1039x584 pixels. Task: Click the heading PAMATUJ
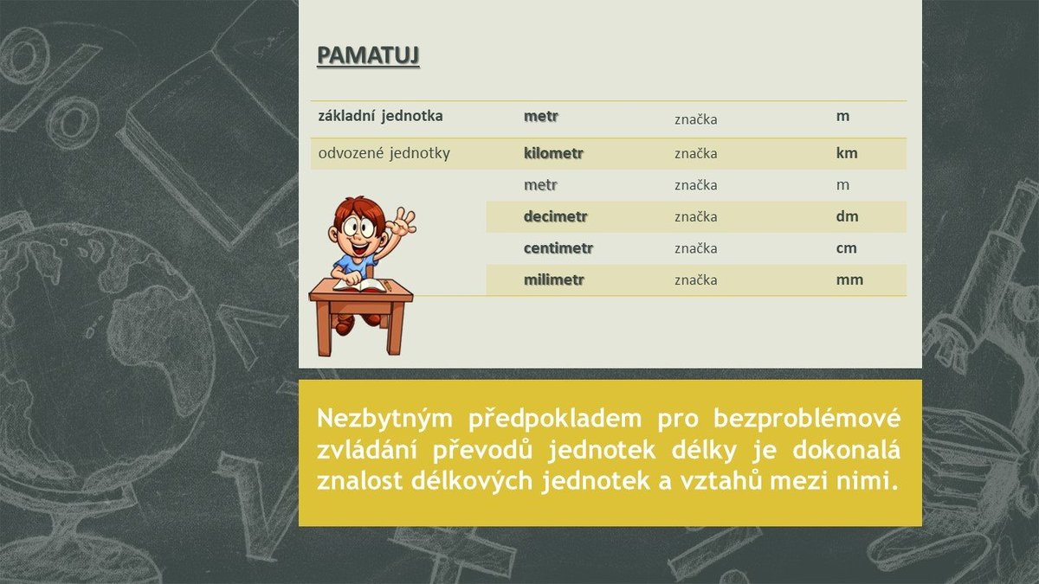[368, 55]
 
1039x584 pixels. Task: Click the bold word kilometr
[553, 153]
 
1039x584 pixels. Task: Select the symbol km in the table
[847, 153]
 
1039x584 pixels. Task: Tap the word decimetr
[556, 216]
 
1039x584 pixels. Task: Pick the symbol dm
[848, 216]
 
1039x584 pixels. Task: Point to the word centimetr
[558, 248]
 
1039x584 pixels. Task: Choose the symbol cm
[847, 248]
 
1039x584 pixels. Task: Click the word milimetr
[554, 279]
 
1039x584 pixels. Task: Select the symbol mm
[849, 279]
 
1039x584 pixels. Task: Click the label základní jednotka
[380, 116]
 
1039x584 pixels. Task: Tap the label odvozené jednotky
[384, 153]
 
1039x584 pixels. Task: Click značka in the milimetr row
[696, 280]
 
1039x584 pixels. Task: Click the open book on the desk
[360, 286]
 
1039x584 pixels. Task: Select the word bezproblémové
[807, 419]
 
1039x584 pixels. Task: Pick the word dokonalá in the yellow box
[847, 450]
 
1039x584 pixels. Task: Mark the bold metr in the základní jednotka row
[541, 116]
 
